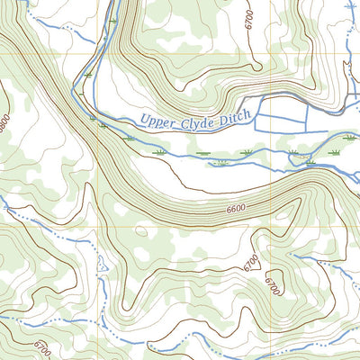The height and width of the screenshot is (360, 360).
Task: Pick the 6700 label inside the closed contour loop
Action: coord(272,287)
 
